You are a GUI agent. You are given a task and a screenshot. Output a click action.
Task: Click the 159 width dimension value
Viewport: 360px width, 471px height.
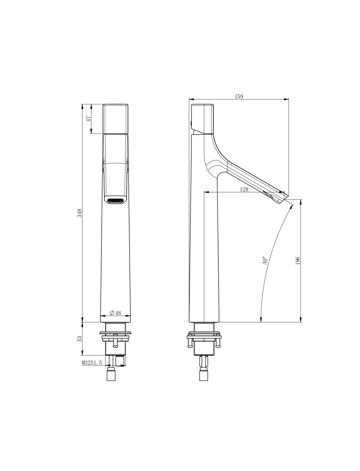[239, 96]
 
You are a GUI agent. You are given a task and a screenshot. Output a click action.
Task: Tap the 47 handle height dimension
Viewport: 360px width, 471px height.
[89, 119]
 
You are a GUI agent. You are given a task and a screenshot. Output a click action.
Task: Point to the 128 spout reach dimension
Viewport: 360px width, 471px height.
[244, 189]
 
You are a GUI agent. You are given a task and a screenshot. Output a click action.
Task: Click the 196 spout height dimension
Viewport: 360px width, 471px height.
[297, 261]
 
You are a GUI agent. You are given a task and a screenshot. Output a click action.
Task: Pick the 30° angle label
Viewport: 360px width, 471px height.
[265, 260]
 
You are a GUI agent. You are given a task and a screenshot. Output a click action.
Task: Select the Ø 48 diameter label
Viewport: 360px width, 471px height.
[115, 313]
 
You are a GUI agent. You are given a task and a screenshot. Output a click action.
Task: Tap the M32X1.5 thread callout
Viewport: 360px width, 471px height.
[92, 363]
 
